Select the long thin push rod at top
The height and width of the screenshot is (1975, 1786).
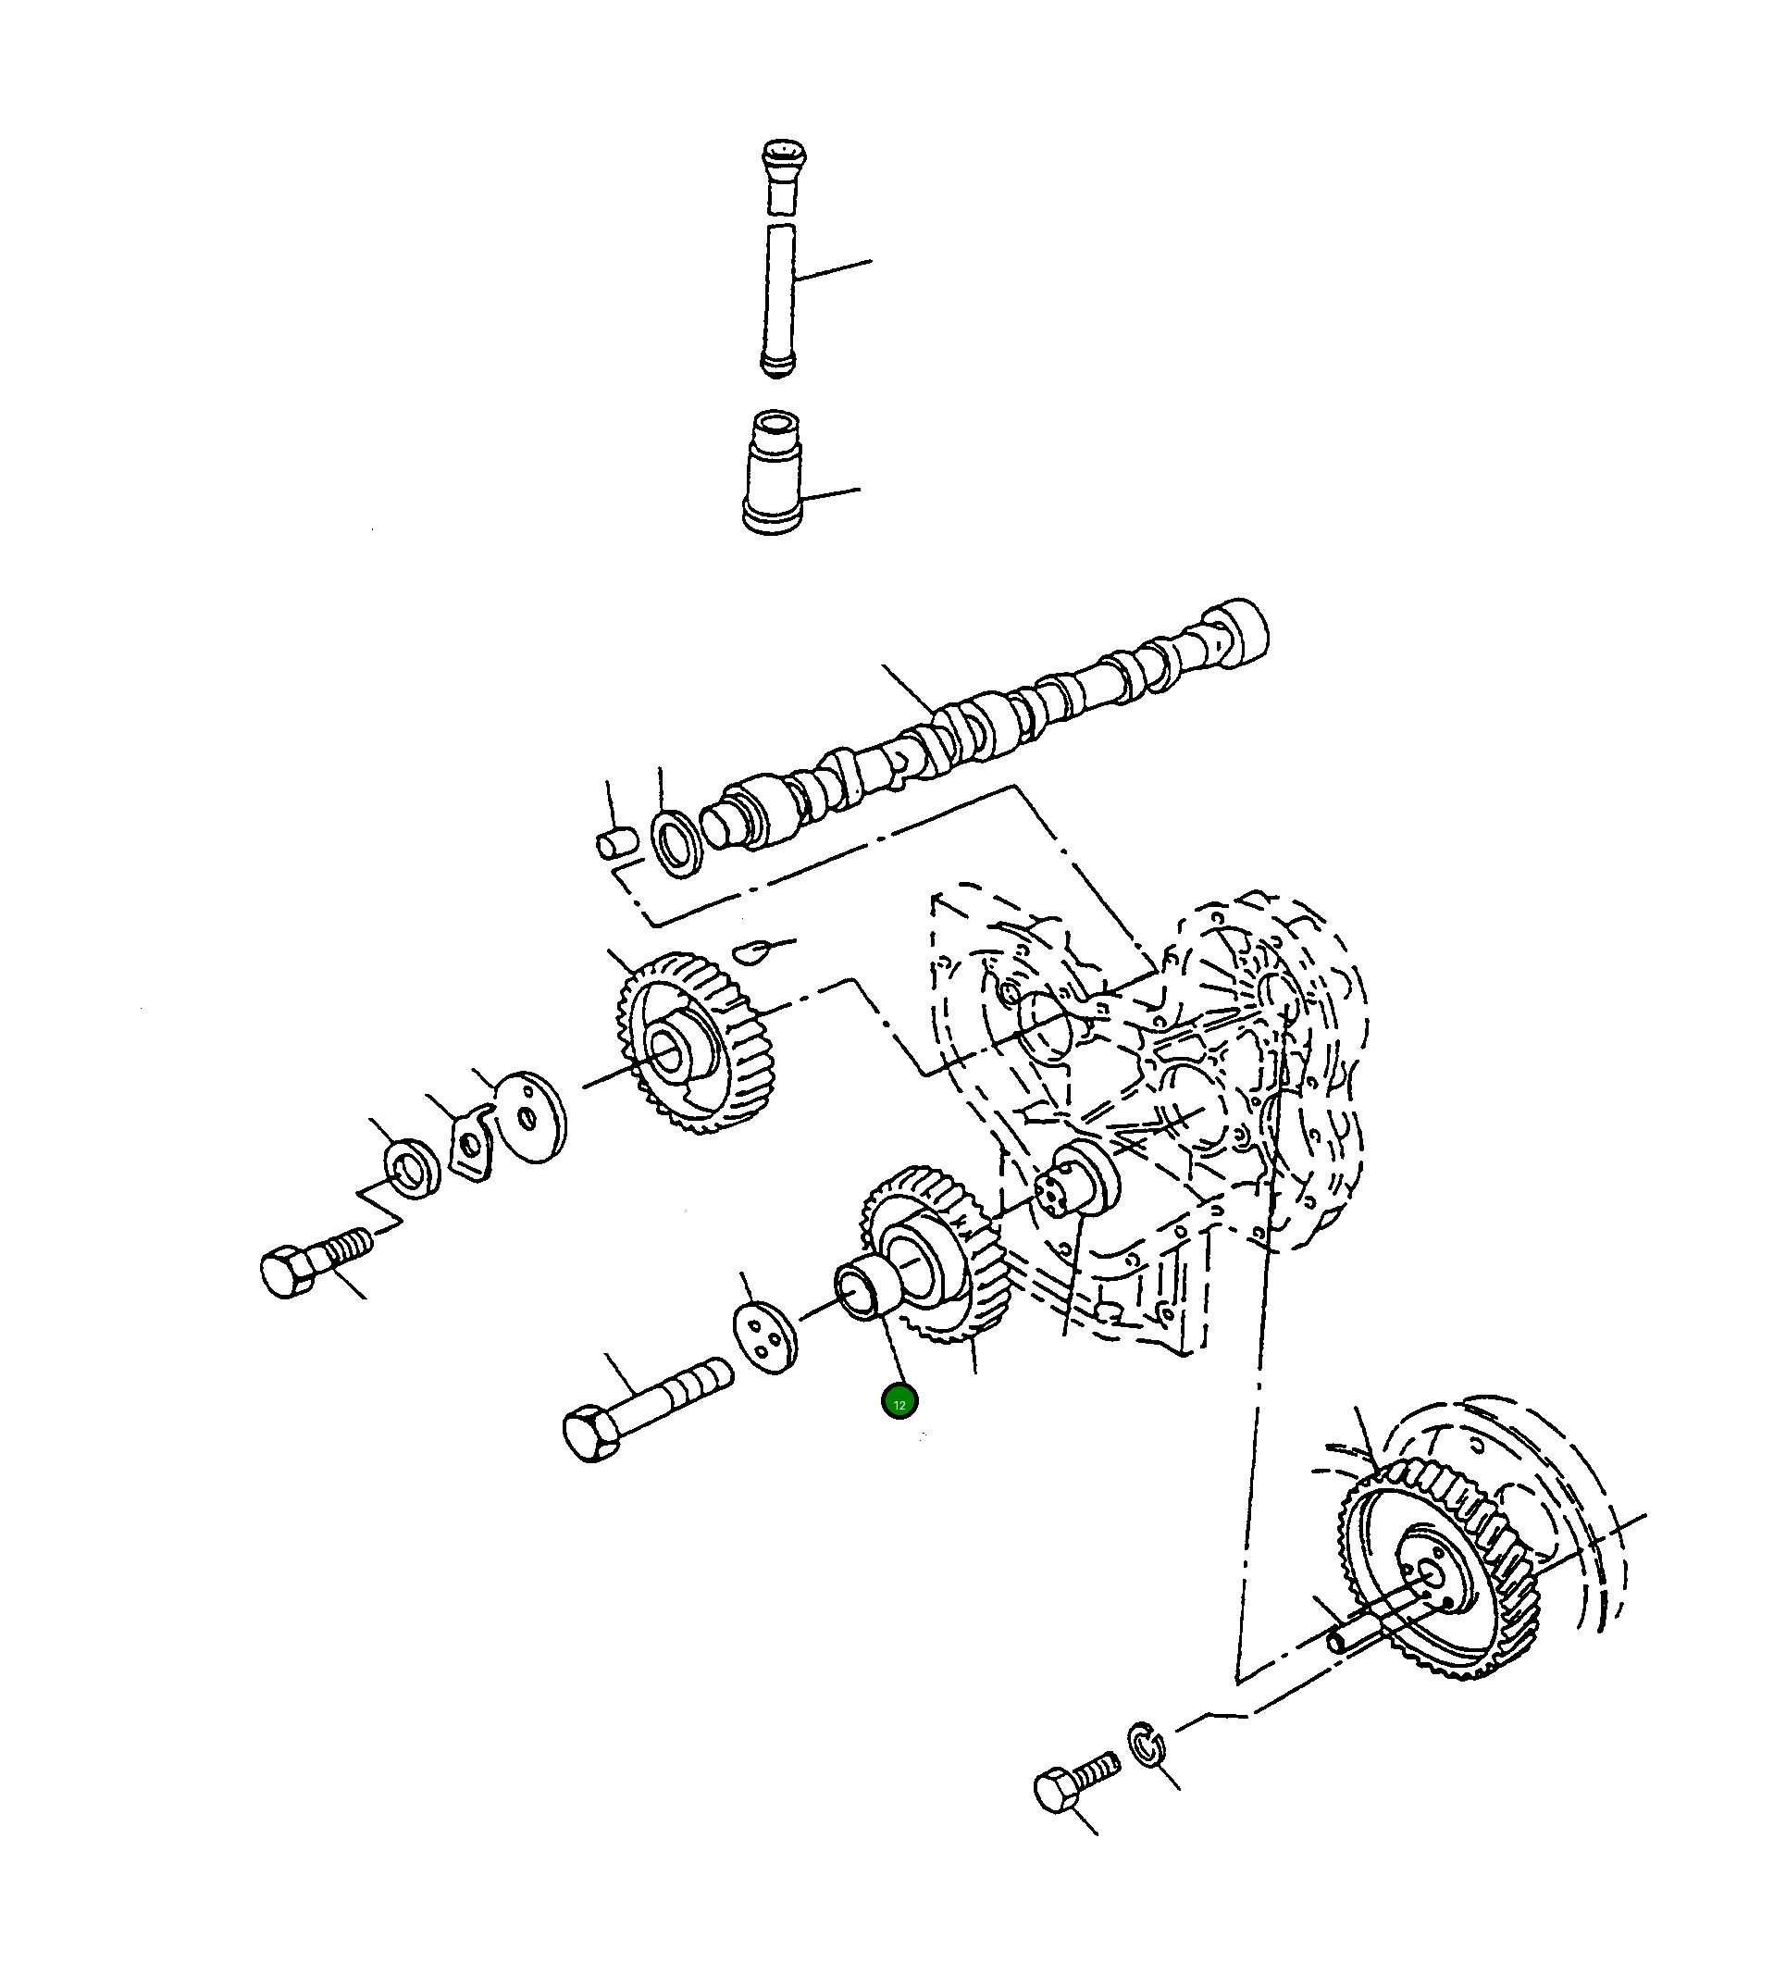point(780,300)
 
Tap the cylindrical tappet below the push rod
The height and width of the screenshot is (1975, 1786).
point(773,472)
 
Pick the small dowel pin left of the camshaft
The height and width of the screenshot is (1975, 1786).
point(617,843)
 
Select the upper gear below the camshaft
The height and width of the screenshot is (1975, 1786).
point(696,1042)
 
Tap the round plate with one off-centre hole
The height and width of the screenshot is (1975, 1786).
point(530,1117)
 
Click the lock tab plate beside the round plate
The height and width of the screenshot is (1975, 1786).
point(472,1142)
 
